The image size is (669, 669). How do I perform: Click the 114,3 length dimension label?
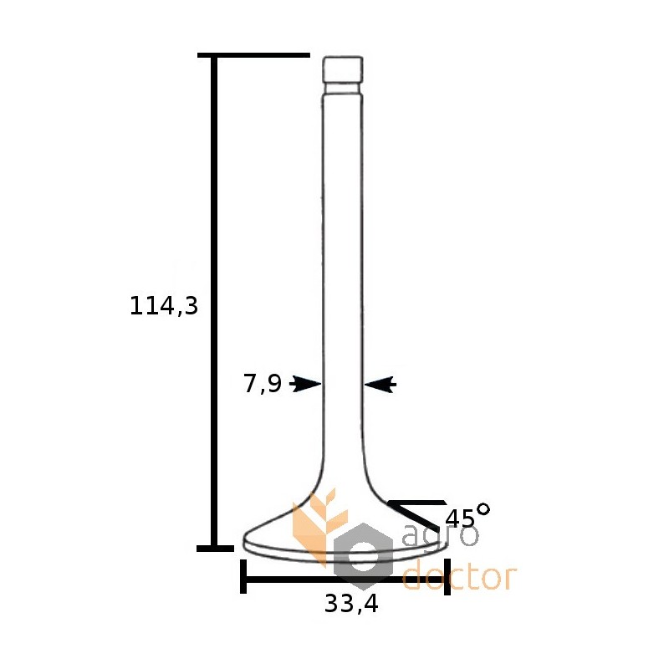point(164,306)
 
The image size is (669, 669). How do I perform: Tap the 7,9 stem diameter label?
point(263,383)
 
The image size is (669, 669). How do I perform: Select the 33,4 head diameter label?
point(351,604)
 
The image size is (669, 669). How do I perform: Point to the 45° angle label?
point(467,515)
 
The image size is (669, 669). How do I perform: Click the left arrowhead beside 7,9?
point(305,384)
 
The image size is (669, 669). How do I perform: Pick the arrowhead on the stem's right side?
point(380,384)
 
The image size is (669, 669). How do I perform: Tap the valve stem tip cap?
point(343,69)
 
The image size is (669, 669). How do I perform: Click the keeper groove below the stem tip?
point(343,89)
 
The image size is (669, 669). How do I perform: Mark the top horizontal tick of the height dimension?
point(253,55)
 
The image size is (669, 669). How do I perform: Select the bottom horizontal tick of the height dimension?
point(215,549)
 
